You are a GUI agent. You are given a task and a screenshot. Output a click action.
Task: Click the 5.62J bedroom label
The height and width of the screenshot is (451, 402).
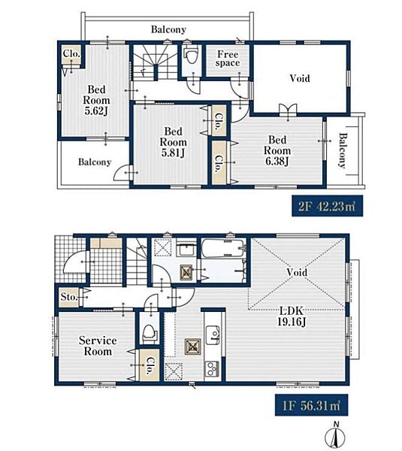[x=96, y=100]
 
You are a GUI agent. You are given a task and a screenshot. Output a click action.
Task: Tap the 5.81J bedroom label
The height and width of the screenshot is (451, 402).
[x=173, y=142]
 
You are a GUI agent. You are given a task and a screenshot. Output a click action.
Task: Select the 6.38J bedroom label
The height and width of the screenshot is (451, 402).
[x=277, y=150]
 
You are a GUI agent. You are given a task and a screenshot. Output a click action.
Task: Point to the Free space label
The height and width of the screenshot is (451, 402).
[x=228, y=59]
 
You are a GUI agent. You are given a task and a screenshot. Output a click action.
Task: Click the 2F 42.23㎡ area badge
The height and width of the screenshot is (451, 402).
[x=328, y=206]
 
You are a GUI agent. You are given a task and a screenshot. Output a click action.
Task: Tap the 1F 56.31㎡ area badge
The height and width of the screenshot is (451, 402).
[x=311, y=405]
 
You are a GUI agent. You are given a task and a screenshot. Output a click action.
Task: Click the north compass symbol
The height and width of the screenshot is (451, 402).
[x=335, y=436]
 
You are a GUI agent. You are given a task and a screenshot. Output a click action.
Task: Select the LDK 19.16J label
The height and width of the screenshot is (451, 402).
[x=292, y=316]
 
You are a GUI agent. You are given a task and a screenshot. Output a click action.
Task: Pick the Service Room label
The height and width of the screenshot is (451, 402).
[x=98, y=346]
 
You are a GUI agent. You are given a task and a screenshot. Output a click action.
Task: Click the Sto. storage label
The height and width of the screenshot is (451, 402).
[x=69, y=297]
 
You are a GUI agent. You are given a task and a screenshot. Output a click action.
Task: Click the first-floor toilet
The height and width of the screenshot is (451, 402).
[x=150, y=334]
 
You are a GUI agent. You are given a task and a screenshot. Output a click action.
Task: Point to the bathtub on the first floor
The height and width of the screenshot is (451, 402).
[x=223, y=249]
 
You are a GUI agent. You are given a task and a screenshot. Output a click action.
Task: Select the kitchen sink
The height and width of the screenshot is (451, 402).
[x=213, y=334]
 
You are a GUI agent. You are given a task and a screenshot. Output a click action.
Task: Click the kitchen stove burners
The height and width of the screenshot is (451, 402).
[x=212, y=369]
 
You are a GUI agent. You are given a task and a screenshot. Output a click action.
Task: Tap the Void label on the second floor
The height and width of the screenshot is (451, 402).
[x=300, y=78]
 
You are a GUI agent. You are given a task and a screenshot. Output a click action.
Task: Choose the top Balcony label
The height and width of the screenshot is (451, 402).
[x=168, y=29]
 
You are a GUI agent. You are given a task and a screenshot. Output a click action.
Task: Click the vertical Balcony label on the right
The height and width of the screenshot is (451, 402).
[x=342, y=150]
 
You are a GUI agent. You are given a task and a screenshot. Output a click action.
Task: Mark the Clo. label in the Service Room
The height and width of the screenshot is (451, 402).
[x=150, y=365]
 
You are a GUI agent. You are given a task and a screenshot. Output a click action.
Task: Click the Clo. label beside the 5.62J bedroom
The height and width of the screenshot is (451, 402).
[x=71, y=53]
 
